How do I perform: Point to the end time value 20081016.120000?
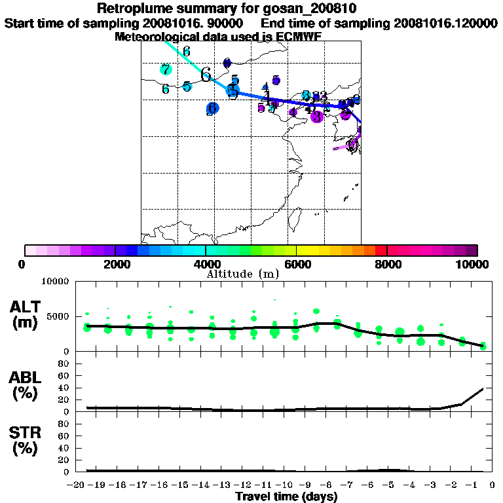tap(445, 23)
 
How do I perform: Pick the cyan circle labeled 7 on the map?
tap(165, 69)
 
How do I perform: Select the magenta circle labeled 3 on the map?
tap(317, 117)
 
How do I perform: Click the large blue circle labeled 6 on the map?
tap(212, 109)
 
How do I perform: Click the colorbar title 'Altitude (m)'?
tap(242, 274)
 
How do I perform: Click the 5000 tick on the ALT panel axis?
tap(59, 316)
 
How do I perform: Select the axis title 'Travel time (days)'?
tap(286, 496)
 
